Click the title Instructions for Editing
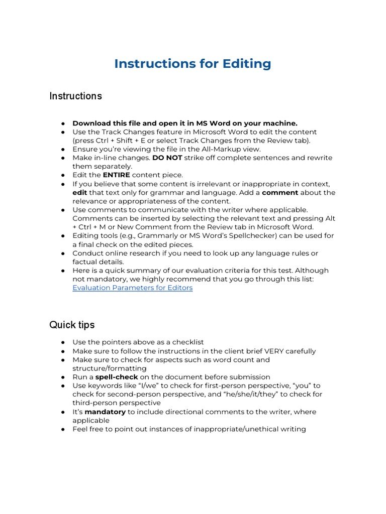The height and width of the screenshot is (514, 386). pyautogui.click(x=192, y=64)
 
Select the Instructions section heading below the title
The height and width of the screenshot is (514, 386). pyautogui.click(x=75, y=96)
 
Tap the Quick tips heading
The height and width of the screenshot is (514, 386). pyautogui.click(x=72, y=325)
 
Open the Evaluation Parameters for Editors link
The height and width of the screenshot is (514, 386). pyautogui.click(x=132, y=288)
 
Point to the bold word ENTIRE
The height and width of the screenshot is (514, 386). pyautogui.click(x=117, y=175)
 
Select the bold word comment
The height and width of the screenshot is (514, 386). pyautogui.click(x=280, y=192)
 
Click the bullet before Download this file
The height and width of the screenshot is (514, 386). pyautogui.click(x=64, y=123)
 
